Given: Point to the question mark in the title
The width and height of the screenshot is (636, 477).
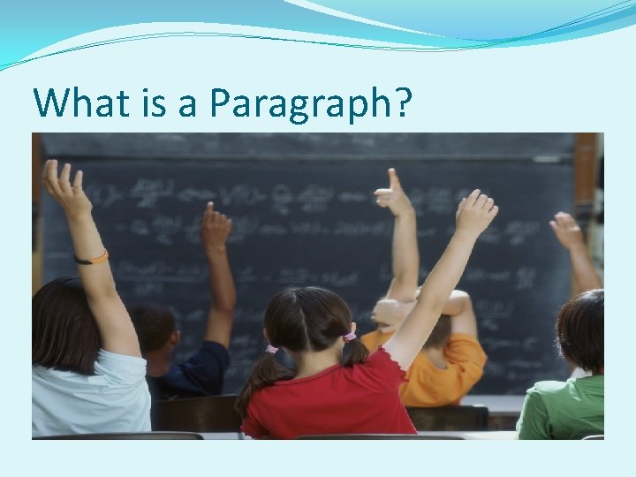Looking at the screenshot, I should click(x=403, y=103).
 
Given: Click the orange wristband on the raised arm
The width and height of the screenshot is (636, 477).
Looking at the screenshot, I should click(x=92, y=258).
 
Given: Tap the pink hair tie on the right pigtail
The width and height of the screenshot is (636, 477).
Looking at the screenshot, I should click(x=350, y=337).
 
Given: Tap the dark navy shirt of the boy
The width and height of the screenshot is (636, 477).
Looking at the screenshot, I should click(x=199, y=367).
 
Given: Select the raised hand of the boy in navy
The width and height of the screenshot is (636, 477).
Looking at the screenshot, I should click(x=215, y=227).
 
